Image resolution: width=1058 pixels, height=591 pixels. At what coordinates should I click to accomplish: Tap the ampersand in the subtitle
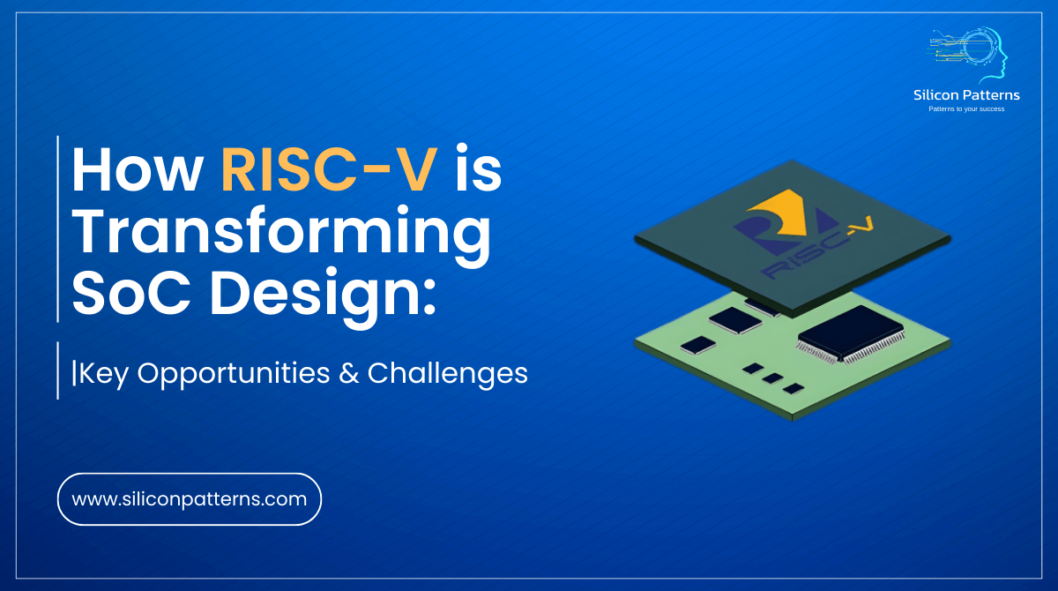click(x=343, y=373)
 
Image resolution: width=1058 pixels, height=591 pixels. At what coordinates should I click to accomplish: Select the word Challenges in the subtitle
click(x=447, y=373)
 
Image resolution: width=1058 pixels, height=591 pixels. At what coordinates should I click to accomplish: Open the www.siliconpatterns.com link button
click(x=189, y=499)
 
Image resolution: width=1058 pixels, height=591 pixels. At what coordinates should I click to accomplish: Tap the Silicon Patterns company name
click(x=966, y=95)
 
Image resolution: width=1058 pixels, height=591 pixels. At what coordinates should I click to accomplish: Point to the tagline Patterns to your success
click(x=966, y=109)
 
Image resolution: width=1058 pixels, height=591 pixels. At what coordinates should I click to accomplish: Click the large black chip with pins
click(x=852, y=333)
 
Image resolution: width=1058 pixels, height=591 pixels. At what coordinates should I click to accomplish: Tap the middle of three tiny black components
click(x=772, y=378)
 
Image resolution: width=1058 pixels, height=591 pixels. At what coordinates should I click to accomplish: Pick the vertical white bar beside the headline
click(x=58, y=229)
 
